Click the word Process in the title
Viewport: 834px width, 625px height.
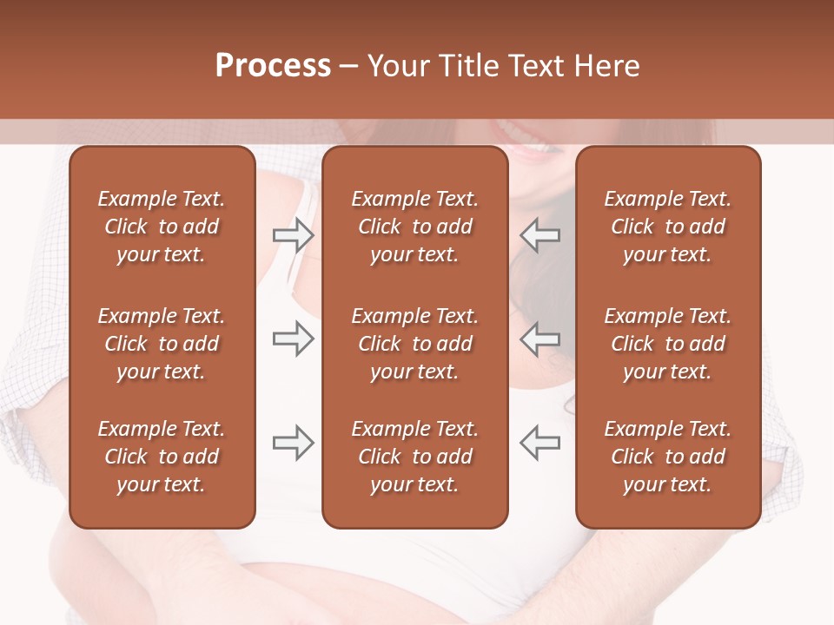273,66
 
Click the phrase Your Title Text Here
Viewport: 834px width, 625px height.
504,66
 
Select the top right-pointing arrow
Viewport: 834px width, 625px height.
293,235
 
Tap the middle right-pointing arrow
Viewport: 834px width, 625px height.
293,339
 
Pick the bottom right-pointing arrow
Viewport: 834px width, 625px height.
293,443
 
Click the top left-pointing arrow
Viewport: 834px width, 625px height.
540,235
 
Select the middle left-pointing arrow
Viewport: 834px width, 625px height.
540,339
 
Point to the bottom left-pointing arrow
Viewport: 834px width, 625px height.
540,443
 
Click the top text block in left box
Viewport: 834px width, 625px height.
162,227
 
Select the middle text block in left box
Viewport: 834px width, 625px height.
162,344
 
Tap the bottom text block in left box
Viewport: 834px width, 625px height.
162,457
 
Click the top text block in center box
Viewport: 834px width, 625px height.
414,227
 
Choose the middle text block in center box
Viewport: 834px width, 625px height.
414,344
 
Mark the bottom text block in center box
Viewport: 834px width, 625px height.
414,457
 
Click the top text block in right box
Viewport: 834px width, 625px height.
667,227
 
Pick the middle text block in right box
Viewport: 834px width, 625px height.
667,344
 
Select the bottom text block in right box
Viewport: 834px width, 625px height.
667,457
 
